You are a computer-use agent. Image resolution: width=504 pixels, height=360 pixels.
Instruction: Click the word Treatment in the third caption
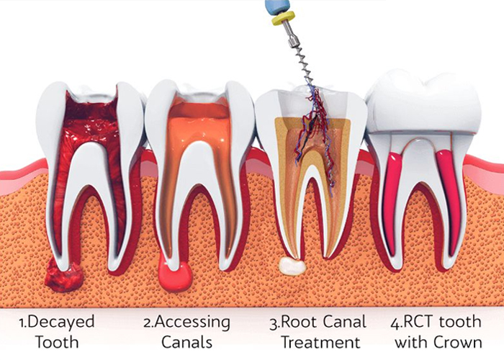coord(320,342)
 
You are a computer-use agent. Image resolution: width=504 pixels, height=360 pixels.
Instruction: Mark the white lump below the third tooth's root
coord(292,266)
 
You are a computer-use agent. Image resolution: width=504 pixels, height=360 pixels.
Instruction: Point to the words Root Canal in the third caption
coord(323,322)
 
